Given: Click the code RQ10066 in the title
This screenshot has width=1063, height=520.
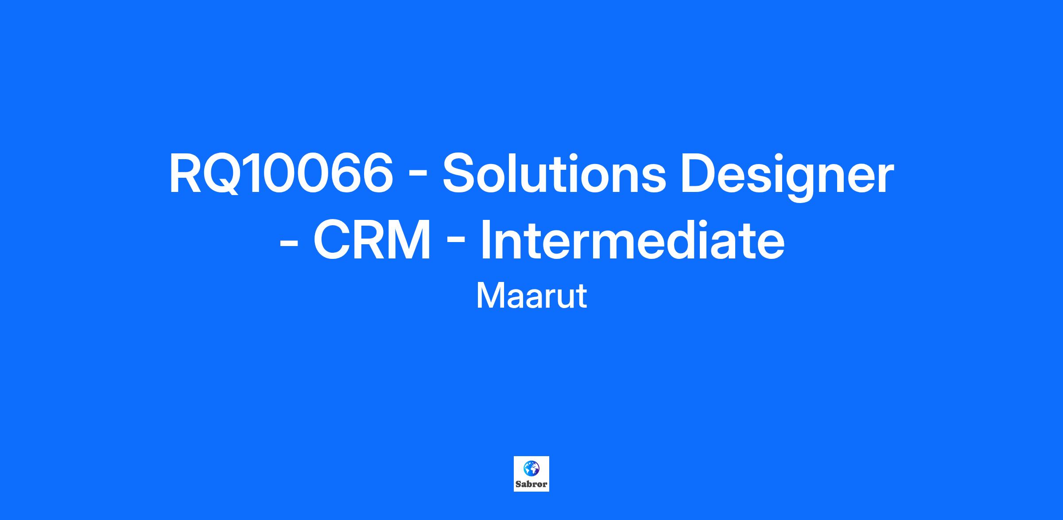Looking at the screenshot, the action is point(281,173).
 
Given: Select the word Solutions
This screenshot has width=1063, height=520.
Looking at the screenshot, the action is point(554,173).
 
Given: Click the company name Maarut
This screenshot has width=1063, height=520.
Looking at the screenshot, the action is point(531,296).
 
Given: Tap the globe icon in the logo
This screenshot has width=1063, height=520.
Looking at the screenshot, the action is point(531,468).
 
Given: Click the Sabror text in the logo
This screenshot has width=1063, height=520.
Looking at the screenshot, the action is point(531,484).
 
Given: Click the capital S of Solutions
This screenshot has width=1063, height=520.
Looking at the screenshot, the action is point(460,173).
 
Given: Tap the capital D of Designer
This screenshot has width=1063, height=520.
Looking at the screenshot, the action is point(700,173).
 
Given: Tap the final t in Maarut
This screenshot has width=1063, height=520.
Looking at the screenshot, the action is point(582,297).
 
